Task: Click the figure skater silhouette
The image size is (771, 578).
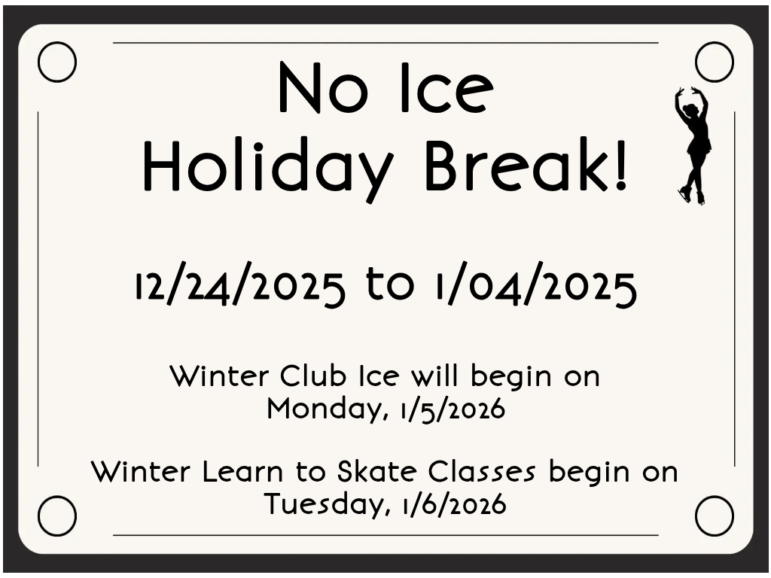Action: [693, 148]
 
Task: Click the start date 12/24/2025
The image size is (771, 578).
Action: [240, 285]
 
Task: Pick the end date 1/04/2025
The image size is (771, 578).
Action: [536, 285]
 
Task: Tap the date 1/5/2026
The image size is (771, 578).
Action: [453, 409]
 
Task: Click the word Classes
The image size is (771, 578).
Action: [481, 471]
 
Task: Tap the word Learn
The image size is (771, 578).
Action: [242, 471]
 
